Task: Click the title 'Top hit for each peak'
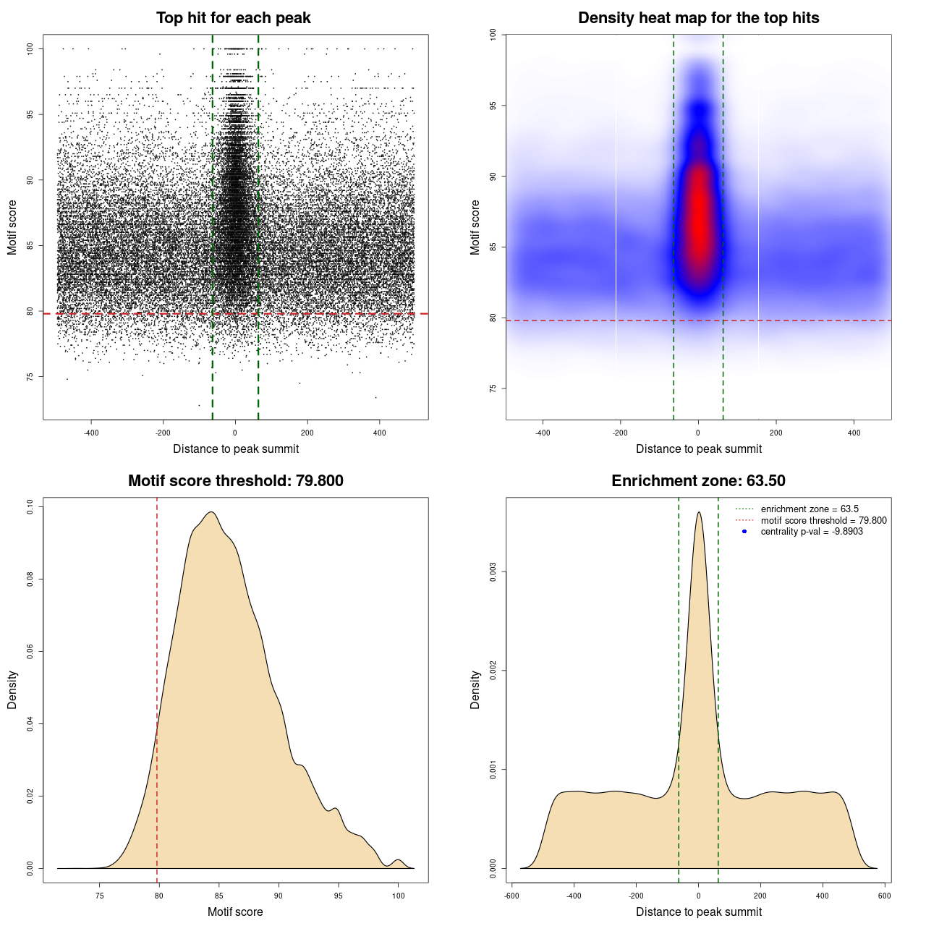pos(233,18)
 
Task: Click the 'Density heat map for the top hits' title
pos(698,18)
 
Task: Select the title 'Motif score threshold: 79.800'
pos(235,481)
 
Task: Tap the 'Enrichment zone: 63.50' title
pos(698,481)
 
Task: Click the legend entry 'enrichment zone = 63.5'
pos(810,509)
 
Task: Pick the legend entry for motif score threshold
pos(823,521)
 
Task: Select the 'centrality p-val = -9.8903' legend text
pos(812,532)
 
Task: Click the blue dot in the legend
pos(744,532)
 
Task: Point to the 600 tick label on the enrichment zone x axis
pos(884,896)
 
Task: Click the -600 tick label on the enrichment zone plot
pos(511,896)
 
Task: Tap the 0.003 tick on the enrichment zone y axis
pos(493,572)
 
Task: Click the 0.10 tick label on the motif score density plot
pos(30,507)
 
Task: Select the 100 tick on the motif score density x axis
pos(398,896)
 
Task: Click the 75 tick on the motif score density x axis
pos(99,896)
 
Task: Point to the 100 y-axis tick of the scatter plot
pos(30,48)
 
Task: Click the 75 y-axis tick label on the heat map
pos(493,388)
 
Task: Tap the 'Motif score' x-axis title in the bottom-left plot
pos(235,912)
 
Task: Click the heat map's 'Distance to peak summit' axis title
pos(698,449)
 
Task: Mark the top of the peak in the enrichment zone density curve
pos(699,512)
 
